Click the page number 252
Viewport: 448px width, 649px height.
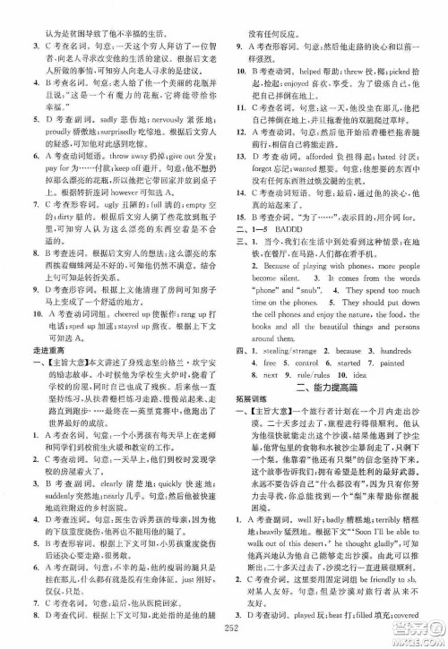pyautogui.click(x=224, y=630)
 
